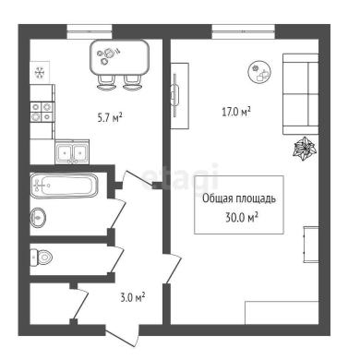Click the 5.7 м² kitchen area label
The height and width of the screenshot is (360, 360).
pyautogui.click(x=110, y=117)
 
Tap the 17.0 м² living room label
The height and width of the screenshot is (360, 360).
pyautogui.click(x=236, y=112)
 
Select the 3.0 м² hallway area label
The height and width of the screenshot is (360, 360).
pyautogui.click(x=133, y=297)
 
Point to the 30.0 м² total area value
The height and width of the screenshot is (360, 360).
pyautogui.click(x=242, y=218)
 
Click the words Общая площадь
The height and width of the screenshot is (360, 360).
pyautogui.click(x=239, y=198)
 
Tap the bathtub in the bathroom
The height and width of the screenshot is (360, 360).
pyautogui.click(x=65, y=186)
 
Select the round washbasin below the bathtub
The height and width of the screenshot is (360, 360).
pyautogui.click(x=38, y=218)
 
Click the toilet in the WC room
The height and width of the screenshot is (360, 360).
pyautogui.click(x=42, y=258)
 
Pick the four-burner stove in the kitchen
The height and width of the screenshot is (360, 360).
pyautogui.click(x=42, y=112)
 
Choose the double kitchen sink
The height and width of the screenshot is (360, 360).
pyautogui.click(x=72, y=151)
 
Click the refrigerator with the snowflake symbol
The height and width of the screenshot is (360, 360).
pyautogui.click(x=40, y=73)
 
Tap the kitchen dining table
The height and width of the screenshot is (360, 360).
pyautogui.click(x=119, y=57)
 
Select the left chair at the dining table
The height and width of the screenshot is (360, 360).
pyautogui.click(x=106, y=82)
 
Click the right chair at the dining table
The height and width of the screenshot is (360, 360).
pyautogui.click(x=133, y=82)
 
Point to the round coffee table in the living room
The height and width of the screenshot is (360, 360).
pyautogui.click(x=260, y=72)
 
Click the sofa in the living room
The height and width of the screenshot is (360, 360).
pyautogui.click(x=301, y=94)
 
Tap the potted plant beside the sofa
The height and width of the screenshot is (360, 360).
pyautogui.click(x=305, y=149)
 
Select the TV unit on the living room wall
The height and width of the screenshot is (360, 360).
pyautogui.click(x=180, y=96)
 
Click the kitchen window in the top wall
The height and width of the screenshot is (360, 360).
pyautogui.click(x=90, y=31)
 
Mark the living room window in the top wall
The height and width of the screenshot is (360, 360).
pyautogui.click(x=244, y=31)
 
